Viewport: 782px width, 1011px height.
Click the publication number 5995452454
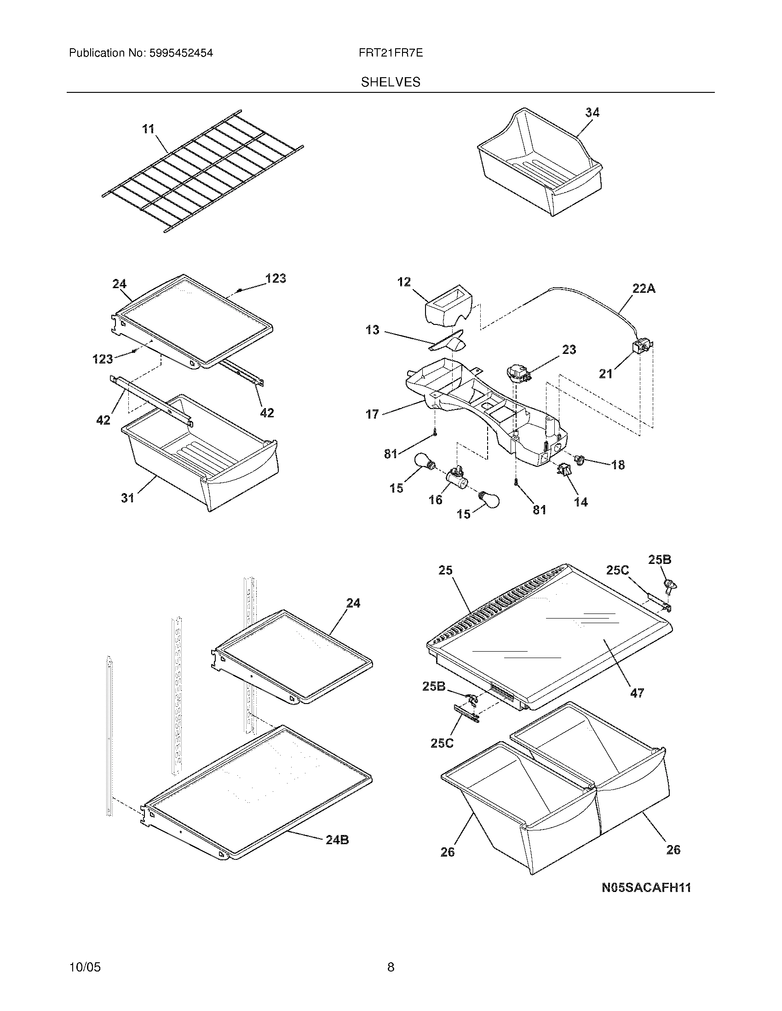click(181, 53)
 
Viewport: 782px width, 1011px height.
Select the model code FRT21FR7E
click(390, 53)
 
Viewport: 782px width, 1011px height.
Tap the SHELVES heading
click(391, 82)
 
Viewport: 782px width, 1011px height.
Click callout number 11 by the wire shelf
click(148, 129)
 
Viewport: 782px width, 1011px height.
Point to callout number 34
click(592, 113)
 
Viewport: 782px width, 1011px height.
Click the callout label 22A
click(644, 289)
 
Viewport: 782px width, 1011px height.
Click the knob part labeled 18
click(580, 459)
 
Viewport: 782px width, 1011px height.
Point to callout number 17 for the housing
click(373, 414)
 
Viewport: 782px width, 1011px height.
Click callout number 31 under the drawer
click(128, 498)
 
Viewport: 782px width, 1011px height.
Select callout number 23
click(569, 350)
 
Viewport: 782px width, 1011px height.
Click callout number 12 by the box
click(404, 282)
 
